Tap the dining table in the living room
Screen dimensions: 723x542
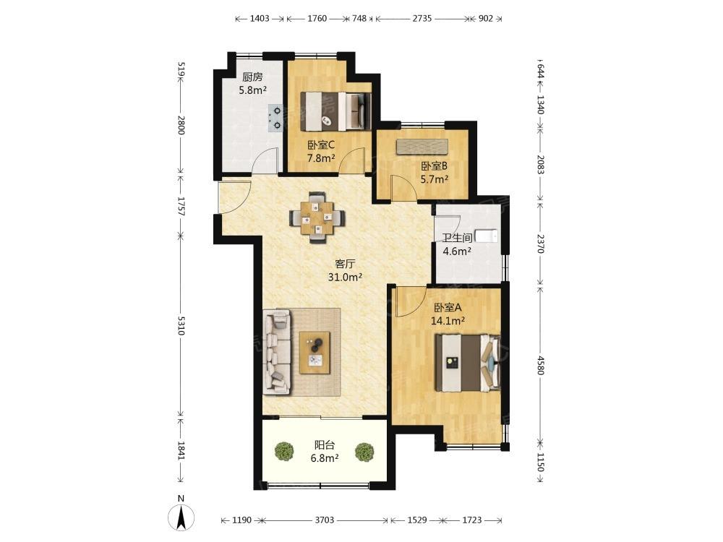[x=317, y=217]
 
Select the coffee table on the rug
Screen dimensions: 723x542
[x=315, y=353]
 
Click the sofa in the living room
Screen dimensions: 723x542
[x=277, y=352]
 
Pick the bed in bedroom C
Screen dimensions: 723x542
[x=336, y=111]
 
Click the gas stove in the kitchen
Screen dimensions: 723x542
[x=275, y=118]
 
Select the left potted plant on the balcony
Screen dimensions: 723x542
[x=284, y=451]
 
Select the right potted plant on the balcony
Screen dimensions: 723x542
[x=364, y=452]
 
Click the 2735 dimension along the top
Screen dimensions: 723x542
[x=422, y=19]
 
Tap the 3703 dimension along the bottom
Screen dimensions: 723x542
[x=324, y=520]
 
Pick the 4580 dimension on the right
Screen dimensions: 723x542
[x=541, y=364]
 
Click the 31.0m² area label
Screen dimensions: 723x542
[x=345, y=277]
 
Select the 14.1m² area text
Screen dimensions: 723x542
[x=448, y=321]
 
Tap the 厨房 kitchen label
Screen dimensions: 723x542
[x=252, y=77]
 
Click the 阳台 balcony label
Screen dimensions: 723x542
[x=325, y=445]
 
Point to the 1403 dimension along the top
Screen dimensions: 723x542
[x=259, y=19]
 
